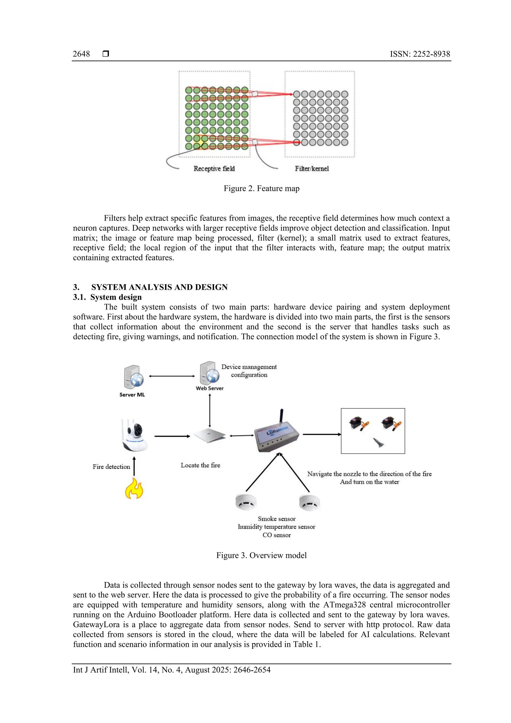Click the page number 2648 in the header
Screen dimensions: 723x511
81,54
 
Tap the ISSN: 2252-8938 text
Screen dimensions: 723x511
420,54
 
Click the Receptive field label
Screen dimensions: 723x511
214,168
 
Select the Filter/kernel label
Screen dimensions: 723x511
312,168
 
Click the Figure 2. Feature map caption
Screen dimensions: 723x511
261,188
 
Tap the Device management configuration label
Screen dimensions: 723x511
249,371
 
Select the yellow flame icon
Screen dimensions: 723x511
134,488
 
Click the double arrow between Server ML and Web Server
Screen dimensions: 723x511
172,376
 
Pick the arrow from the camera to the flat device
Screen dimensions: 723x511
172,436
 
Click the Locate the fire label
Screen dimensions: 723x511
200,465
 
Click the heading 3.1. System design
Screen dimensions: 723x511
107,297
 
